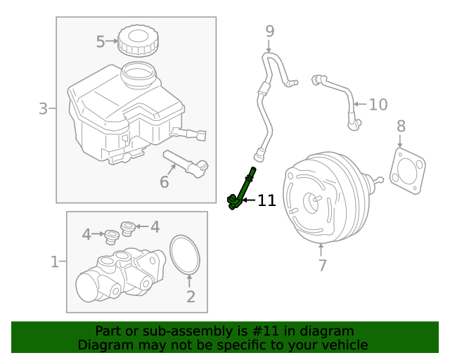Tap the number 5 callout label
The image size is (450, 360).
(x=101, y=42)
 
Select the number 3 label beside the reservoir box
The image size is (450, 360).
(x=43, y=109)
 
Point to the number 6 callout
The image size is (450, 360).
(x=164, y=182)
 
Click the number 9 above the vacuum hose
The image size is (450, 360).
(x=269, y=31)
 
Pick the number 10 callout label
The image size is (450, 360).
(x=378, y=105)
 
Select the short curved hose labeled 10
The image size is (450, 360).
(x=339, y=95)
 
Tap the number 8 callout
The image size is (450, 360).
(x=401, y=127)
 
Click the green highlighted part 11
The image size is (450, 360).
(x=241, y=190)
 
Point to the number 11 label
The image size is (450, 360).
(x=266, y=201)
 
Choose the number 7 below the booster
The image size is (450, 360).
(x=322, y=265)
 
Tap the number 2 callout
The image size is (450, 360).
(x=191, y=297)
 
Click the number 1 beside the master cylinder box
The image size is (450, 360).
(x=55, y=262)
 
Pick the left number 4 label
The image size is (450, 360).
(x=86, y=234)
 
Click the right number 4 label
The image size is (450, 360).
(x=155, y=226)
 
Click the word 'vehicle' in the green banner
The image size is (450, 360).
(x=342, y=345)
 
